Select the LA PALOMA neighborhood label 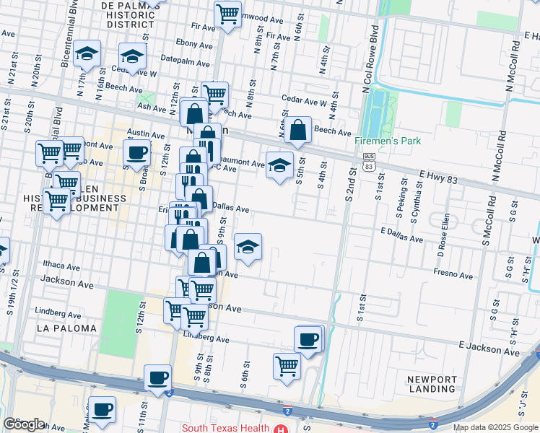point(66,328)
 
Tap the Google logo point(24,424)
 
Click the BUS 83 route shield point(370,161)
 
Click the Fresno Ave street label point(453,274)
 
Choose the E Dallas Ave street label point(402,234)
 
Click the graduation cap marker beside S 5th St point(280,166)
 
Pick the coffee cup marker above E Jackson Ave point(309,339)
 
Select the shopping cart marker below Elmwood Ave point(227,14)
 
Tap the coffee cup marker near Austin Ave point(136,152)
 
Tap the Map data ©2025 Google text point(495,427)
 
